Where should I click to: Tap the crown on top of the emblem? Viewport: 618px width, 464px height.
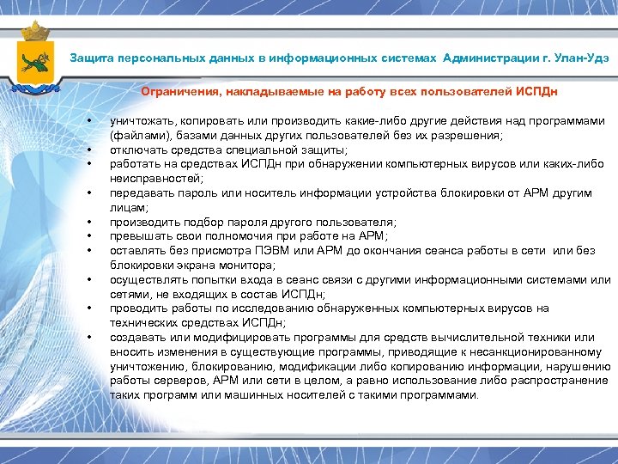click(x=35, y=33)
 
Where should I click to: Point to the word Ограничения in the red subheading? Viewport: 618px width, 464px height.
click(x=177, y=91)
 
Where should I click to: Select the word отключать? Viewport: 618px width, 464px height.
click(x=136, y=150)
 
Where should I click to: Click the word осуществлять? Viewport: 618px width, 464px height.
click(x=145, y=279)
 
